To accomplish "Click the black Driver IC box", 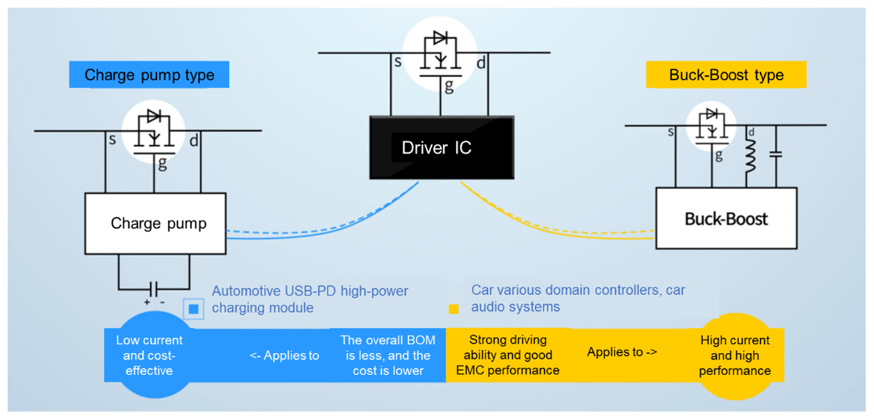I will click(441, 147).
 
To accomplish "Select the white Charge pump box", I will click(155, 223).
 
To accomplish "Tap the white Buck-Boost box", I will click(726, 219).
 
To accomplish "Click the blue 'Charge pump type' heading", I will click(149, 75).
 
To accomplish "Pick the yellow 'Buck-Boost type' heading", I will click(726, 75).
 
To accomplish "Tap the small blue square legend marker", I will click(194, 309).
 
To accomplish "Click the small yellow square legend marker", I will click(454, 309).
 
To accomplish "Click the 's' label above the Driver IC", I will click(398, 63).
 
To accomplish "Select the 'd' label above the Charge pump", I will click(193, 140).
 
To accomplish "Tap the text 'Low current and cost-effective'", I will click(149, 356).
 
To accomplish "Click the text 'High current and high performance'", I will click(735, 356).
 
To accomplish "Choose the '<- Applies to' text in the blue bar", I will click(284, 356).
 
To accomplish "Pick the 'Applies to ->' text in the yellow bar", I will click(622, 352).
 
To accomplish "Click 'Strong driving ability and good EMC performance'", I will click(508, 355).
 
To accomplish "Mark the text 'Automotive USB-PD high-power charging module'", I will click(310, 299).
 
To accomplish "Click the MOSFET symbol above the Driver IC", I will click(440, 54).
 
